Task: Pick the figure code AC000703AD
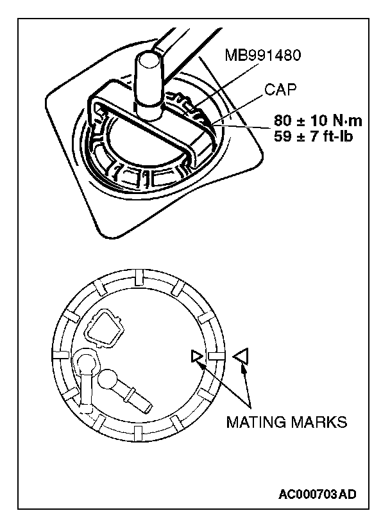point(318,494)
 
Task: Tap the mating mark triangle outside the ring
point(241,357)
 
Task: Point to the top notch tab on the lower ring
point(139,277)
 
